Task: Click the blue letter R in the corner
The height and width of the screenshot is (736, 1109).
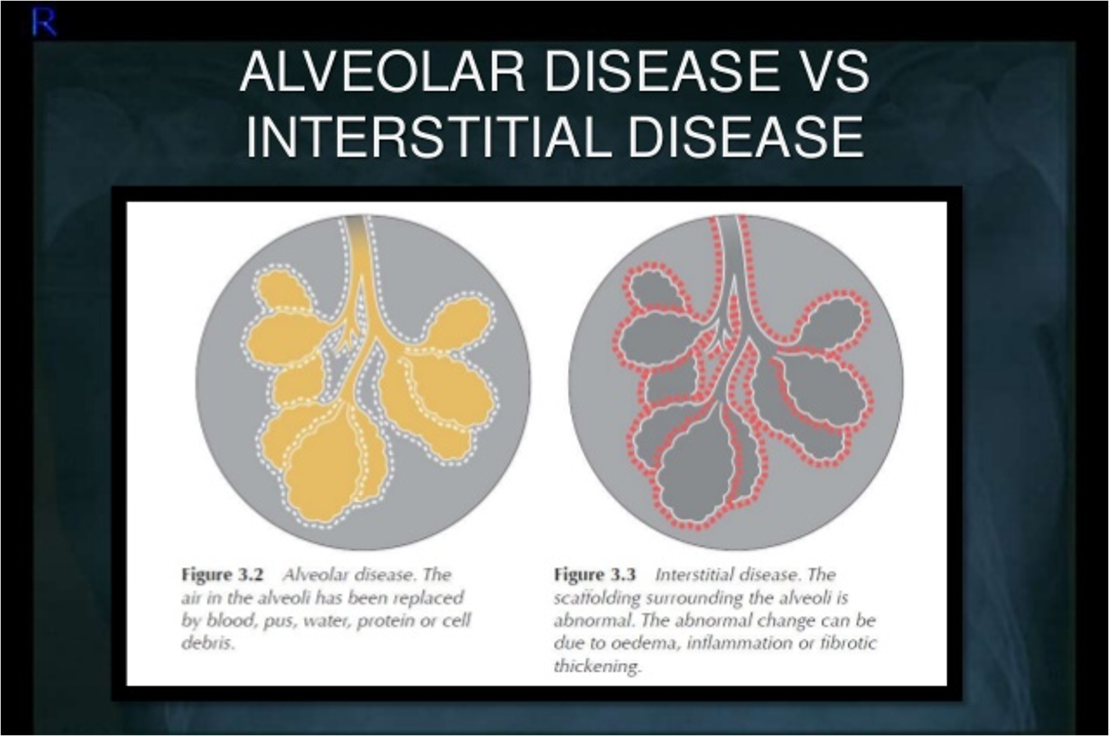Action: (44, 23)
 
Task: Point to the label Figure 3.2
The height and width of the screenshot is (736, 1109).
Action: (222, 575)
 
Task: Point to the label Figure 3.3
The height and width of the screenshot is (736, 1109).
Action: (595, 575)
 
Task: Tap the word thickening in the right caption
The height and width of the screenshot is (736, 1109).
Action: (597, 666)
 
